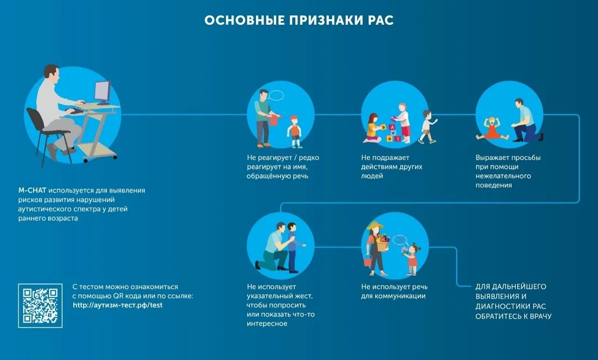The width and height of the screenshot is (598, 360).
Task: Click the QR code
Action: pyautogui.click(x=40, y=305)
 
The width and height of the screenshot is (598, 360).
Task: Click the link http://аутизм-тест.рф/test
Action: pyautogui.click(x=118, y=305)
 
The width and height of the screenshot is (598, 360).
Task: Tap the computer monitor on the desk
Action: pyautogui.click(x=102, y=92)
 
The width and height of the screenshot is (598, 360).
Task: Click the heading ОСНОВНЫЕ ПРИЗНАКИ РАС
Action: pyautogui.click(x=299, y=21)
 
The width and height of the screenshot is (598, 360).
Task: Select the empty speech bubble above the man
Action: pyautogui.click(x=276, y=96)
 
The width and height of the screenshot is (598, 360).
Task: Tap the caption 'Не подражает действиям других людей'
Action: pyautogui.click(x=392, y=167)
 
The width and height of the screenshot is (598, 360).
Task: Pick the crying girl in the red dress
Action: pyautogui.click(x=492, y=129)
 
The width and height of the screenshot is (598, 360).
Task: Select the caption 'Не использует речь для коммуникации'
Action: pyautogui.click(x=394, y=291)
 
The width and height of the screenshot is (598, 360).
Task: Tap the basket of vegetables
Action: pyautogui.click(x=383, y=243)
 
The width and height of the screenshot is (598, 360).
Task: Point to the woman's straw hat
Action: pyautogui.click(x=375, y=226)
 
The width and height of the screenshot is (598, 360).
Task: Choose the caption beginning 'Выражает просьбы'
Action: pyautogui.click(x=508, y=171)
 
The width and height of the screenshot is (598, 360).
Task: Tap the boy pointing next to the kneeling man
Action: pyautogui.click(x=293, y=247)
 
